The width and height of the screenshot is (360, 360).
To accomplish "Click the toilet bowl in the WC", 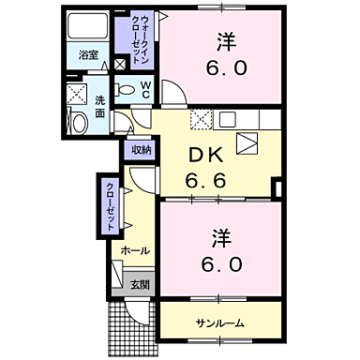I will (126, 91).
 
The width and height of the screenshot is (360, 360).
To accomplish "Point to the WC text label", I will (146, 90).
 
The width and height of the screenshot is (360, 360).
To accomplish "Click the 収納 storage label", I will (141, 147).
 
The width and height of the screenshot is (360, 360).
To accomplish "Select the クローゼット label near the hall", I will (109, 204).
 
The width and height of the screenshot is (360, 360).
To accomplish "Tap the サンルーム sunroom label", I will (219, 322).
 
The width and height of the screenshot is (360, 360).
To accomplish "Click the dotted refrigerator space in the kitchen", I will (200, 120).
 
